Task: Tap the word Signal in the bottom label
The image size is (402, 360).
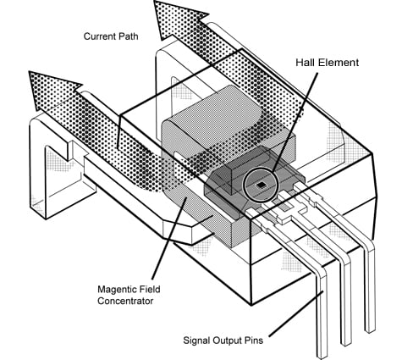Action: [198, 342]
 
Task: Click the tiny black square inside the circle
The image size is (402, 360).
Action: [262, 183]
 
